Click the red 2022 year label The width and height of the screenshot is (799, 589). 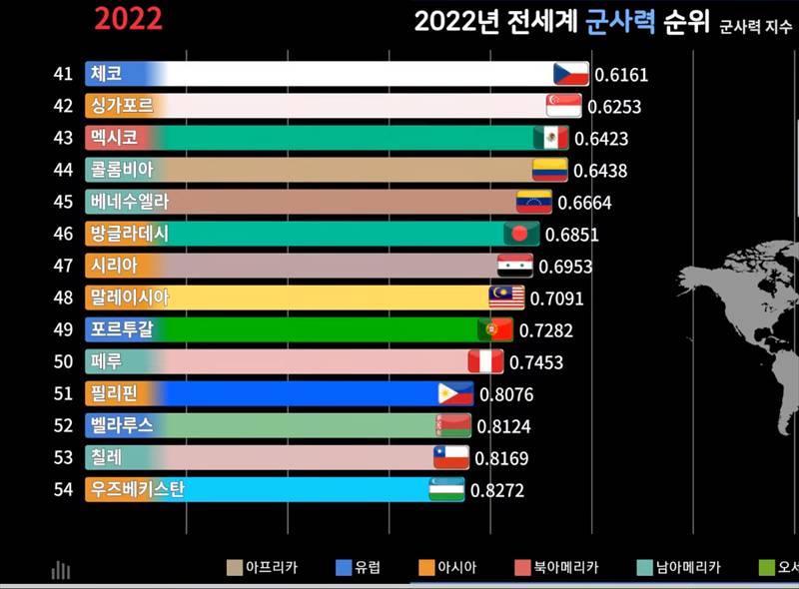[128, 19]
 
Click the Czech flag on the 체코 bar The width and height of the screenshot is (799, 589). [571, 74]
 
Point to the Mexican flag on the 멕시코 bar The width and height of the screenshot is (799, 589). [550, 138]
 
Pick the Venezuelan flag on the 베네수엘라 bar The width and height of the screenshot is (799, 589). [533, 202]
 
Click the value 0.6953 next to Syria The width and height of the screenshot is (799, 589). [565, 266]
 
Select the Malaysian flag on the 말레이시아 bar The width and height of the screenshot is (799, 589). [506, 297]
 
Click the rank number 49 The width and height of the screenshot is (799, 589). [64, 329]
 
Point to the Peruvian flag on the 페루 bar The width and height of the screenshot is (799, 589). [485, 361]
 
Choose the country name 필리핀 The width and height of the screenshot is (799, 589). [112, 393]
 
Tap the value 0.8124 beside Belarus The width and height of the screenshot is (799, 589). [504, 426]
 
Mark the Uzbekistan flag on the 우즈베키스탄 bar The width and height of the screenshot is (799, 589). [447, 490]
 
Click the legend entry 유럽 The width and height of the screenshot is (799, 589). [358, 568]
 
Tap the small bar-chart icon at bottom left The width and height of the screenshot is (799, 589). [61, 570]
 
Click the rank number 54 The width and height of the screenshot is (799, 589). [64, 490]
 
